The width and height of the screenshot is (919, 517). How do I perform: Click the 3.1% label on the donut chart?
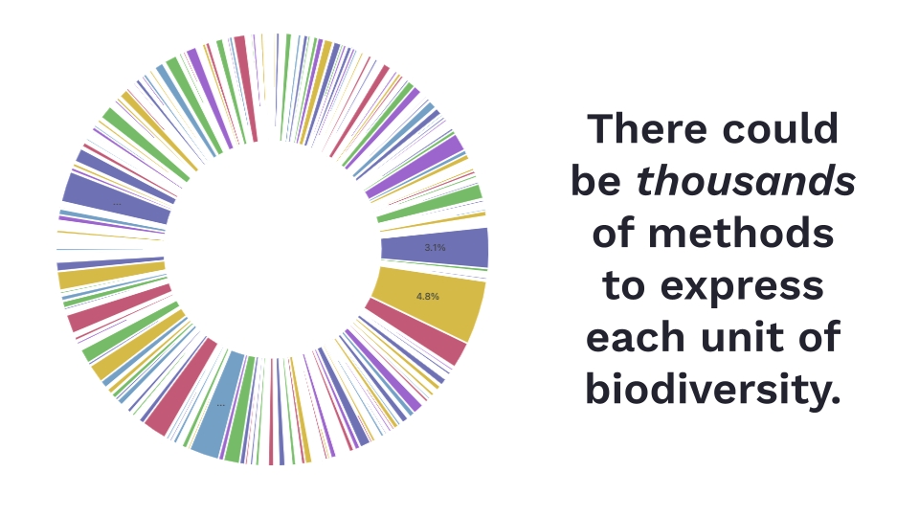pos(435,247)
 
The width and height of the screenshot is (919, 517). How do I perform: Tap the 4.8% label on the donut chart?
pos(428,296)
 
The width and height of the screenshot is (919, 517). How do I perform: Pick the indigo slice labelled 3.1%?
pos(435,249)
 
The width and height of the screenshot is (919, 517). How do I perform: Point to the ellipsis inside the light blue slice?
pos(220,404)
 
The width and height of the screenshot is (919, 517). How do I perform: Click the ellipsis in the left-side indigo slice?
pos(117,204)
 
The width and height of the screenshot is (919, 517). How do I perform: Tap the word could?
pos(780,128)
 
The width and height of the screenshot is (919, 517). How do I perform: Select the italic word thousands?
pos(746,181)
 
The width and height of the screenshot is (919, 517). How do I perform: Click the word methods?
pos(741,233)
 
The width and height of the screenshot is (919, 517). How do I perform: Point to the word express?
pos(742,286)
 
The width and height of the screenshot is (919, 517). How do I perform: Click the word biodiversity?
pos(713,389)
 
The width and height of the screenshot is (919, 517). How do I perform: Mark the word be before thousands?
pos(596,181)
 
